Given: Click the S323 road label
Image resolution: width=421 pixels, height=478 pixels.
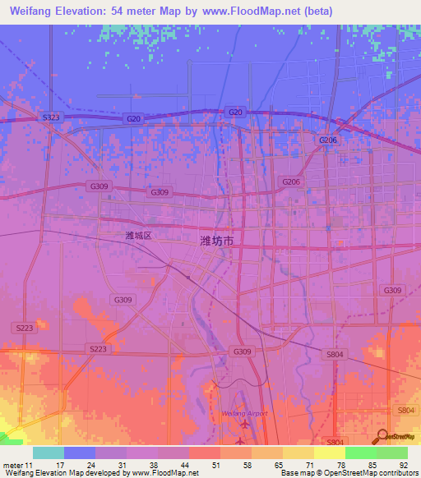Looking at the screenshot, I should click(x=50, y=118).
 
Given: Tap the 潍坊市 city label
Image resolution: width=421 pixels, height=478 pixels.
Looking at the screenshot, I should click(x=217, y=241).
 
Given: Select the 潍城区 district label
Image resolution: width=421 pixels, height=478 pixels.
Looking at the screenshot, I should click(x=139, y=235).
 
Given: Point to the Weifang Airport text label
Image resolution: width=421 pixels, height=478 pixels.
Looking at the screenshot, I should click(x=245, y=412).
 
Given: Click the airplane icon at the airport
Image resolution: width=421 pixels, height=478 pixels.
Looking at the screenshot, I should click(x=244, y=425).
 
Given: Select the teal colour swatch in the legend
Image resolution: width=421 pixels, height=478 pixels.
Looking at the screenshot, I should click(x=49, y=453).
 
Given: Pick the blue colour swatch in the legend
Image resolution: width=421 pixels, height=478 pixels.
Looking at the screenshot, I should click(x=80, y=453).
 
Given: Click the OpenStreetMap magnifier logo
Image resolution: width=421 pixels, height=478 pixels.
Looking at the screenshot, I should click(x=382, y=438).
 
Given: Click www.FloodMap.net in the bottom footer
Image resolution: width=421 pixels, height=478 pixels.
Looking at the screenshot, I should click(x=170, y=473).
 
